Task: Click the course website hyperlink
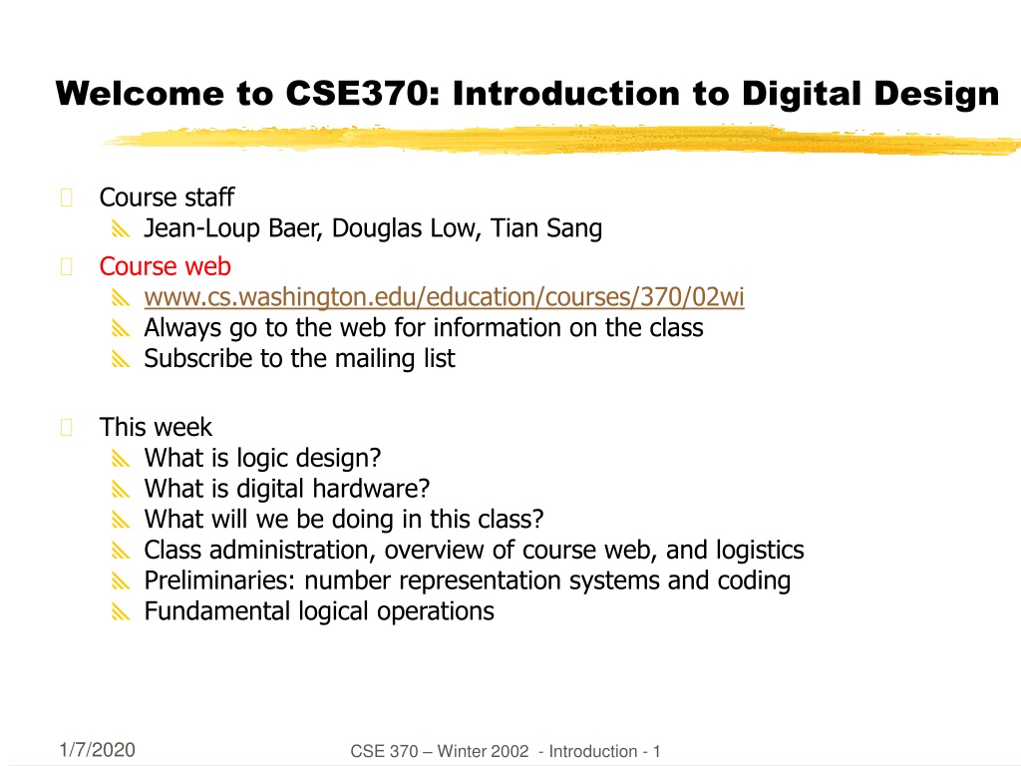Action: click(444, 297)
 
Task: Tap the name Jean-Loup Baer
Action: click(232, 228)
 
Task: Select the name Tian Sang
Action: click(546, 228)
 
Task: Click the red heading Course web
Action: click(166, 265)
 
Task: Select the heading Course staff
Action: click(167, 197)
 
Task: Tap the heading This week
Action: click(156, 427)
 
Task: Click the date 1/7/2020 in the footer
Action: click(97, 750)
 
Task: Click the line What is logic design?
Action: click(262, 458)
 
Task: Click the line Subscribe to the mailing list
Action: click(299, 358)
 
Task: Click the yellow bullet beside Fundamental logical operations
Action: click(121, 611)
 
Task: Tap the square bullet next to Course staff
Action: click(67, 197)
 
